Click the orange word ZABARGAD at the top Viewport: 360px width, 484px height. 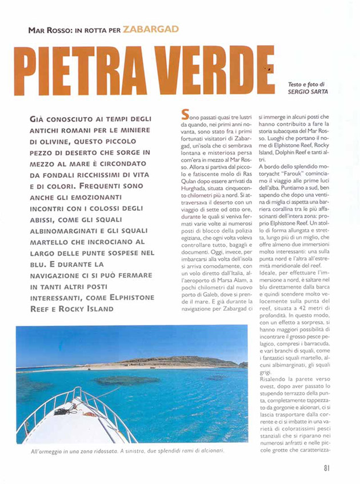pyautogui.click(x=150, y=28)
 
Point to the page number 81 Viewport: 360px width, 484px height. pyautogui.click(x=327, y=468)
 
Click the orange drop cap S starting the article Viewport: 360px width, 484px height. pyautogui.click(x=184, y=113)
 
